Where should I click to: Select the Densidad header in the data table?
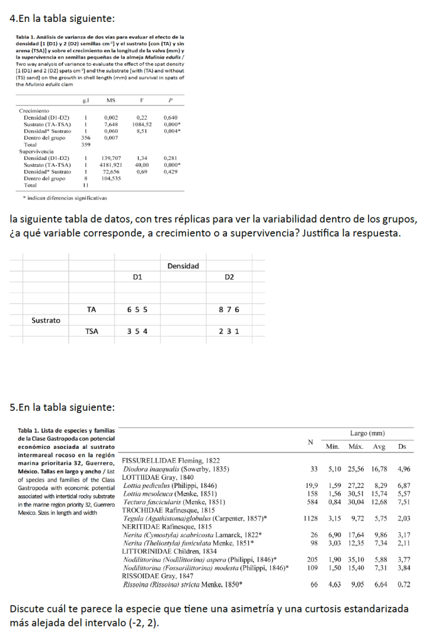click(x=183, y=266)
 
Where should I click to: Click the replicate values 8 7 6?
click(x=229, y=310)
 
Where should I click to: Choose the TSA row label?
click(x=92, y=332)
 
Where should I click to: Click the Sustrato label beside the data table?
click(x=46, y=320)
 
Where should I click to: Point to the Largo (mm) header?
click(x=367, y=433)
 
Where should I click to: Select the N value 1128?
click(x=308, y=518)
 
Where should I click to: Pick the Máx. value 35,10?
click(x=356, y=559)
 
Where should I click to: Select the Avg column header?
click(x=379, y=446)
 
